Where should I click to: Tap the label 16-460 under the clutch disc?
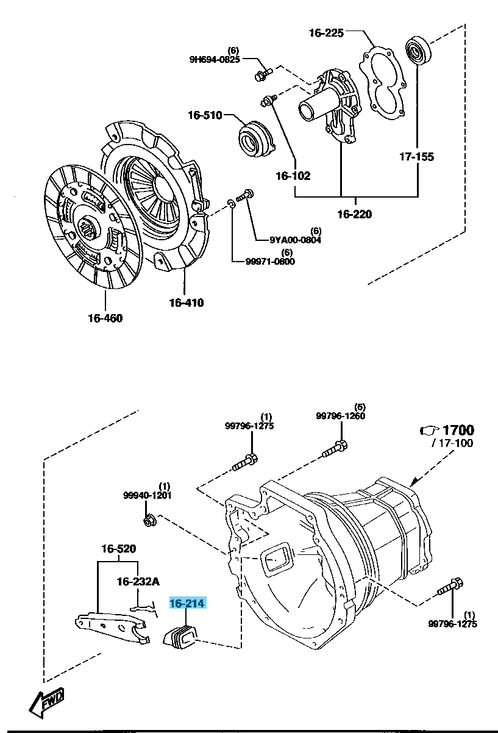coord(105,318)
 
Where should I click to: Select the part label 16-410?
coord(186,302)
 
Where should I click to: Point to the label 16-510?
coord(205,115)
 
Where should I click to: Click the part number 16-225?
coord(326,33)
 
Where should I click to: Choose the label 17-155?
coord(417,157)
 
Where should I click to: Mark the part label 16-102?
coord(293,176)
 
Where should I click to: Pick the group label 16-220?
coord(354,214)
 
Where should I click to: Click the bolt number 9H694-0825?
coord(214,59)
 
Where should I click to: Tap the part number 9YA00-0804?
coord(286,240)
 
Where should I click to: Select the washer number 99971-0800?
coord(270,262)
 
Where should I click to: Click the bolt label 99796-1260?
coord(341,416)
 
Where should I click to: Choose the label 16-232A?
coord(138,582)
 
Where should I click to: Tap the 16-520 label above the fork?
coord(118,549)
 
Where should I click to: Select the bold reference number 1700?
coord(458,430)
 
